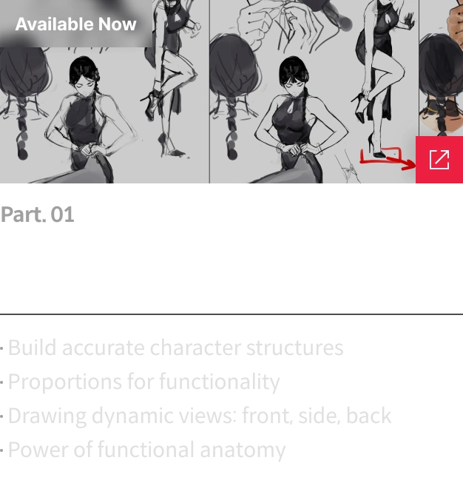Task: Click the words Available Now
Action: coord(75,24)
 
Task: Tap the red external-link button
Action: coord(439,160)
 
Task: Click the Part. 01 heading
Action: coord(38,214)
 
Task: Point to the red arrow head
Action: coord(410,164)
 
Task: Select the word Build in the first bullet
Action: coord(33,348)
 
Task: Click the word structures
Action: coord(294,348)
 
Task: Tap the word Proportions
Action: coord(64,382)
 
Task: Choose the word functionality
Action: coord(220,382)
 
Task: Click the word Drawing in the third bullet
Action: coord(47,416)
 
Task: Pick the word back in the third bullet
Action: coord(368,415)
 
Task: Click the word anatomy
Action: coord(243,450)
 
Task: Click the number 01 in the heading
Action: coord(62,214)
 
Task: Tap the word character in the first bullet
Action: coord(195,348)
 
